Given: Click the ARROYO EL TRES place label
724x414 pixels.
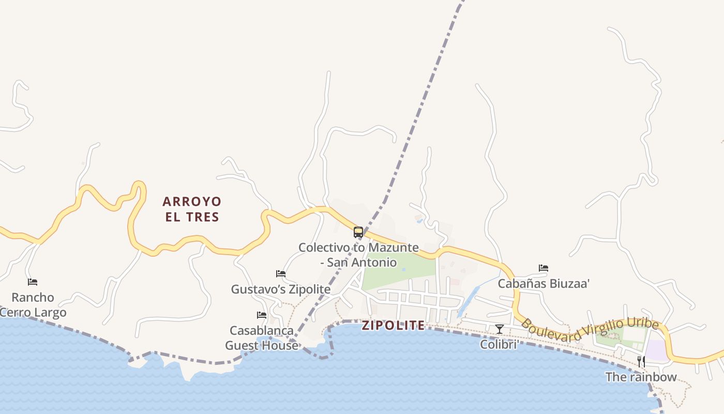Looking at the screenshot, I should coord(192,209).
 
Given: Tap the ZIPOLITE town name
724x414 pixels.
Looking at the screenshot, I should coord(393,326).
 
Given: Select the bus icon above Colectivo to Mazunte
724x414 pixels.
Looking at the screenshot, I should coord(358,232).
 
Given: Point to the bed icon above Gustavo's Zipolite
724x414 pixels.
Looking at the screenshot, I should coord(281,274).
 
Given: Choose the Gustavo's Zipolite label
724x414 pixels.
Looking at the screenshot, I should coord(281,289).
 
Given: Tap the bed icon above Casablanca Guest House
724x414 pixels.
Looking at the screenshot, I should coord(262,315).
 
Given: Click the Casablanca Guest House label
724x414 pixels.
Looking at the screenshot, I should coord(262,337).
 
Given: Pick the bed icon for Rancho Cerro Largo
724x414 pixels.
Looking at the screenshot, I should coord(33,282).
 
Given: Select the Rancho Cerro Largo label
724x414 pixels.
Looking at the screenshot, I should coord(33,305).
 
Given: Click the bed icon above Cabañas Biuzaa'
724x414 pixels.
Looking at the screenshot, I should coord(544,268).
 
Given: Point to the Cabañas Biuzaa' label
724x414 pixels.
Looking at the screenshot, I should coord(544,284).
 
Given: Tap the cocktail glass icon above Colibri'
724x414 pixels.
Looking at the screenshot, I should coord(500,329).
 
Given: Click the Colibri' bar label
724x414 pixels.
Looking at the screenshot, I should coord(500,344).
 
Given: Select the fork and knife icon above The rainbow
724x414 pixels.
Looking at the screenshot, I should coord(641,361).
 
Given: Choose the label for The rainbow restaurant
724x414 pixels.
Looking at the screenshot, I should coord(641,377).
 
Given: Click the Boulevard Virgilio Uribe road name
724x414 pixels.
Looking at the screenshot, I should coord(590,330).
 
